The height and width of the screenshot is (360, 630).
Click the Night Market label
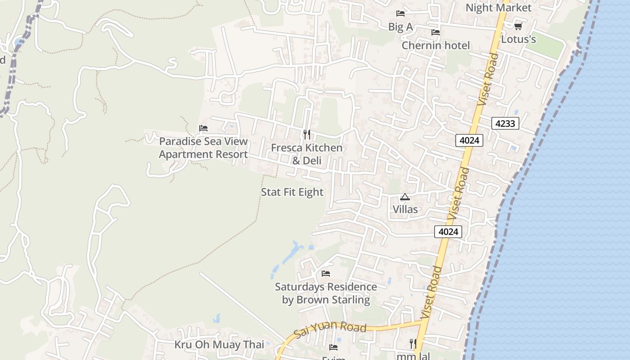[x=498, y=8]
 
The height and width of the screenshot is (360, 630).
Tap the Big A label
[x=400, y=27]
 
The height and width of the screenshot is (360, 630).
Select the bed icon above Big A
[x=400, y=13]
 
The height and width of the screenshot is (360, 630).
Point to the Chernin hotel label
[x=436, y=45]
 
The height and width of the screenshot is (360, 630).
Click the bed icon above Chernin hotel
[x=436, y=32]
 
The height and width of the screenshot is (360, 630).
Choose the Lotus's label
[x=518, y=40]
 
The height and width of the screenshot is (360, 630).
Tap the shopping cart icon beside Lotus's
[x=518, y=27]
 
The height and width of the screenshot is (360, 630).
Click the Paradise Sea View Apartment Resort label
[x=203, y=148]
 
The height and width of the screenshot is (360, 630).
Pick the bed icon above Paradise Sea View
[x=203, y=128]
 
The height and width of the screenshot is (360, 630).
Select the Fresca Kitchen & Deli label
[x=306, y=154]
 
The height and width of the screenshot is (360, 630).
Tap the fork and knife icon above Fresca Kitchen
[x=306, y=134]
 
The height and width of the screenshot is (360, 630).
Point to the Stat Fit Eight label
[x=292, y=192]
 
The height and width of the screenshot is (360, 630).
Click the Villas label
[x=405, y=209]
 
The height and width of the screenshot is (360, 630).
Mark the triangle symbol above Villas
[x=405, y=197]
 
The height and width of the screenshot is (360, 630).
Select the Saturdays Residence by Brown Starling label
[x=326, y=293]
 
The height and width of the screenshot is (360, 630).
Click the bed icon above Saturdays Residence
[x=326, y=274]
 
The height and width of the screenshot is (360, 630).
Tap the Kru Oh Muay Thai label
[x=219, y=345]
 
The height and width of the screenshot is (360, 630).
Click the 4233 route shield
[x=505, y=123]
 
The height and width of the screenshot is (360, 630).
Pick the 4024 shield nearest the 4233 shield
[x=469, y=140]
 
